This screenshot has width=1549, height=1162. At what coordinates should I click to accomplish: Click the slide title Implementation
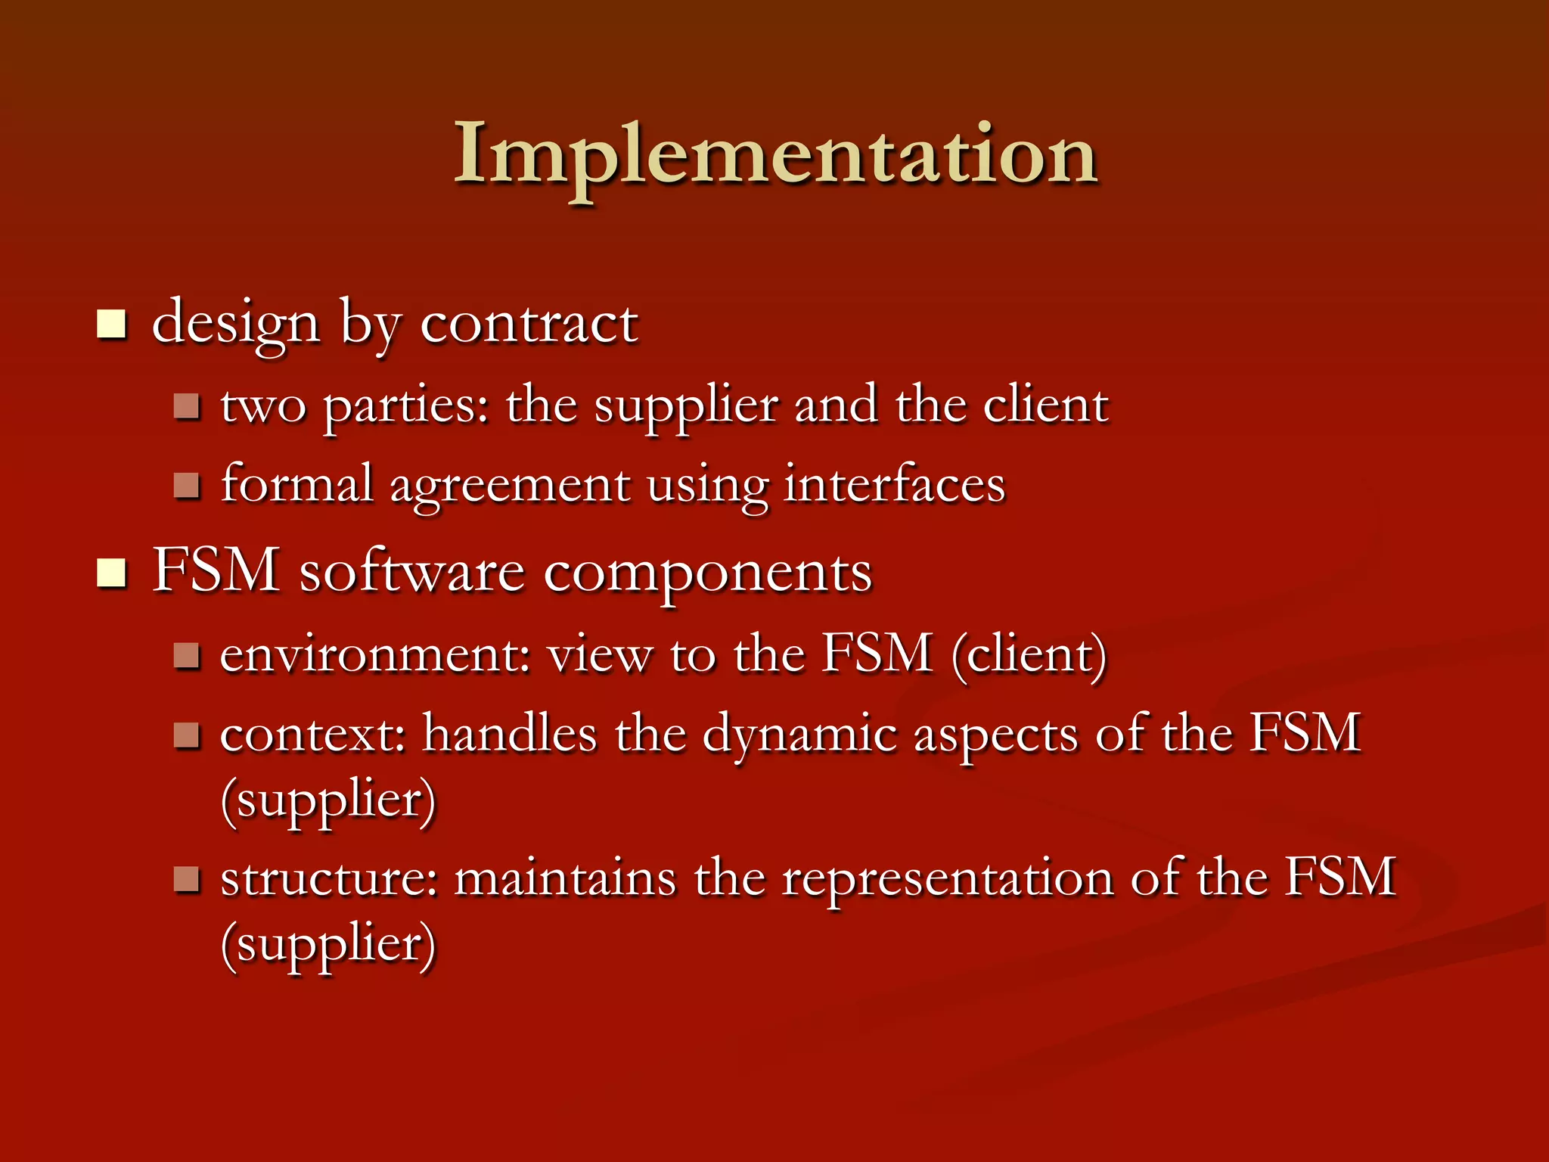(x=775, y=155)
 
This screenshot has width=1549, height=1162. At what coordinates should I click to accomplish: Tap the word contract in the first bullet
(x=529, y=324)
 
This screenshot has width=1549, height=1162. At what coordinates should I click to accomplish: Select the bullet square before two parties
(x=186, y=406)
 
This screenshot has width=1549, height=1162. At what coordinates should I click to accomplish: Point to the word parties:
(x=407, y=406)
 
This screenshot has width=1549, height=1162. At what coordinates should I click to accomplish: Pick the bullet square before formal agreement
(x=186, y=485)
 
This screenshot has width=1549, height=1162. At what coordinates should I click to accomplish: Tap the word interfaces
(x=895, y=484)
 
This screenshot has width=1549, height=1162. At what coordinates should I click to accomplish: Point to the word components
(x=707, y=573)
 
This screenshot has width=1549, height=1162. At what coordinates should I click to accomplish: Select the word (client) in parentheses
(x=1029, y=655)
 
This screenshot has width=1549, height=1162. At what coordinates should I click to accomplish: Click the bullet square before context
(x=186, y=735)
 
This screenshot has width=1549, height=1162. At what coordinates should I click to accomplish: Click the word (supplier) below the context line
(x=328, y=800)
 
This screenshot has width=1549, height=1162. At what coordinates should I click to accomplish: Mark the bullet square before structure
(x=186, y=879)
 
